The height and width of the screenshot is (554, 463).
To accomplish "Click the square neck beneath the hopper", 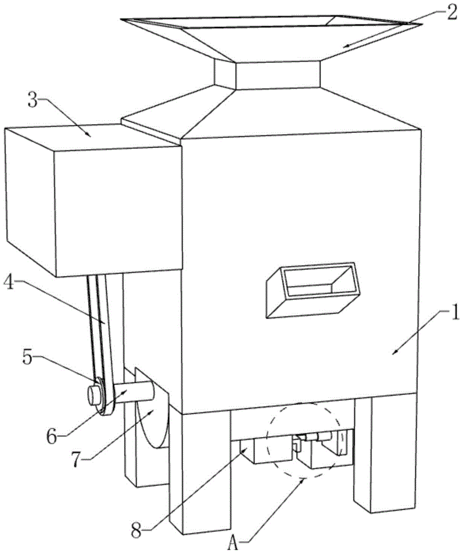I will (x=277, y=75).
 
